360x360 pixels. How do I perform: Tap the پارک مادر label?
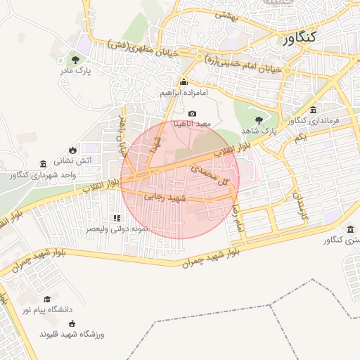pyautogui.click(x=75, y=71)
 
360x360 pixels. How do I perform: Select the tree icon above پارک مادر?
pyautogui.click(x=75, y=59)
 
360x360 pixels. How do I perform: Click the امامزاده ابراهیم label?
pyautogui.click(x=185, y=93)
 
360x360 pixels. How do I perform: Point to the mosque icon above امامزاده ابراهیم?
pyautogui.click(x=185, y=82)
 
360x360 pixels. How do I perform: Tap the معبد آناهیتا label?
pyautogui.click(x=192, y=124)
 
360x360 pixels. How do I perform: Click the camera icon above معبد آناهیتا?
pyautogui.click(x=192, y=113)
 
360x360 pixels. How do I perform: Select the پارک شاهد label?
pyautogui.click(x=259, y=131)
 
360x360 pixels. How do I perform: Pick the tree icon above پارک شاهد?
pyautogui.click(x=259, y=120)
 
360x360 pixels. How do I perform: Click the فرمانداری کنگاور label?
pyautogui.click(x=314, y=120)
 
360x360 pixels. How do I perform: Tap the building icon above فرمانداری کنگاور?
pyautogui.click(x=313, y=109)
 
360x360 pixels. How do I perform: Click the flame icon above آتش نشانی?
pyautogui.click(x=72, y=150)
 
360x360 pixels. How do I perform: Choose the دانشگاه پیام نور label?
pyautogui.click(x=46, y=309)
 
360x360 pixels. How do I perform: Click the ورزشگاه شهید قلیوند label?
pyautogui.click(x=72, y=334)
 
